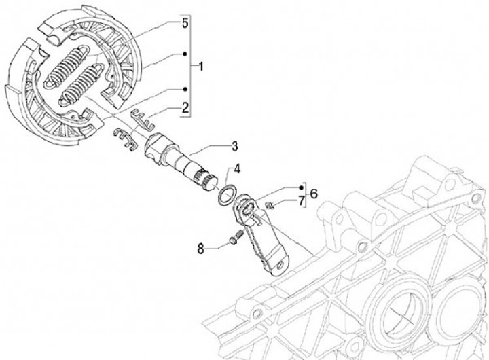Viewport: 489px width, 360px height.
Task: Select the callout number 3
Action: coord(234,145)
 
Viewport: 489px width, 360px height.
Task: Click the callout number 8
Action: coord(201,249)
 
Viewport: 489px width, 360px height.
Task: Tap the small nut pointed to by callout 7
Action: coord(270,204)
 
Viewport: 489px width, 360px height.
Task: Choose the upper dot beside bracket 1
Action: coord(185,52)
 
